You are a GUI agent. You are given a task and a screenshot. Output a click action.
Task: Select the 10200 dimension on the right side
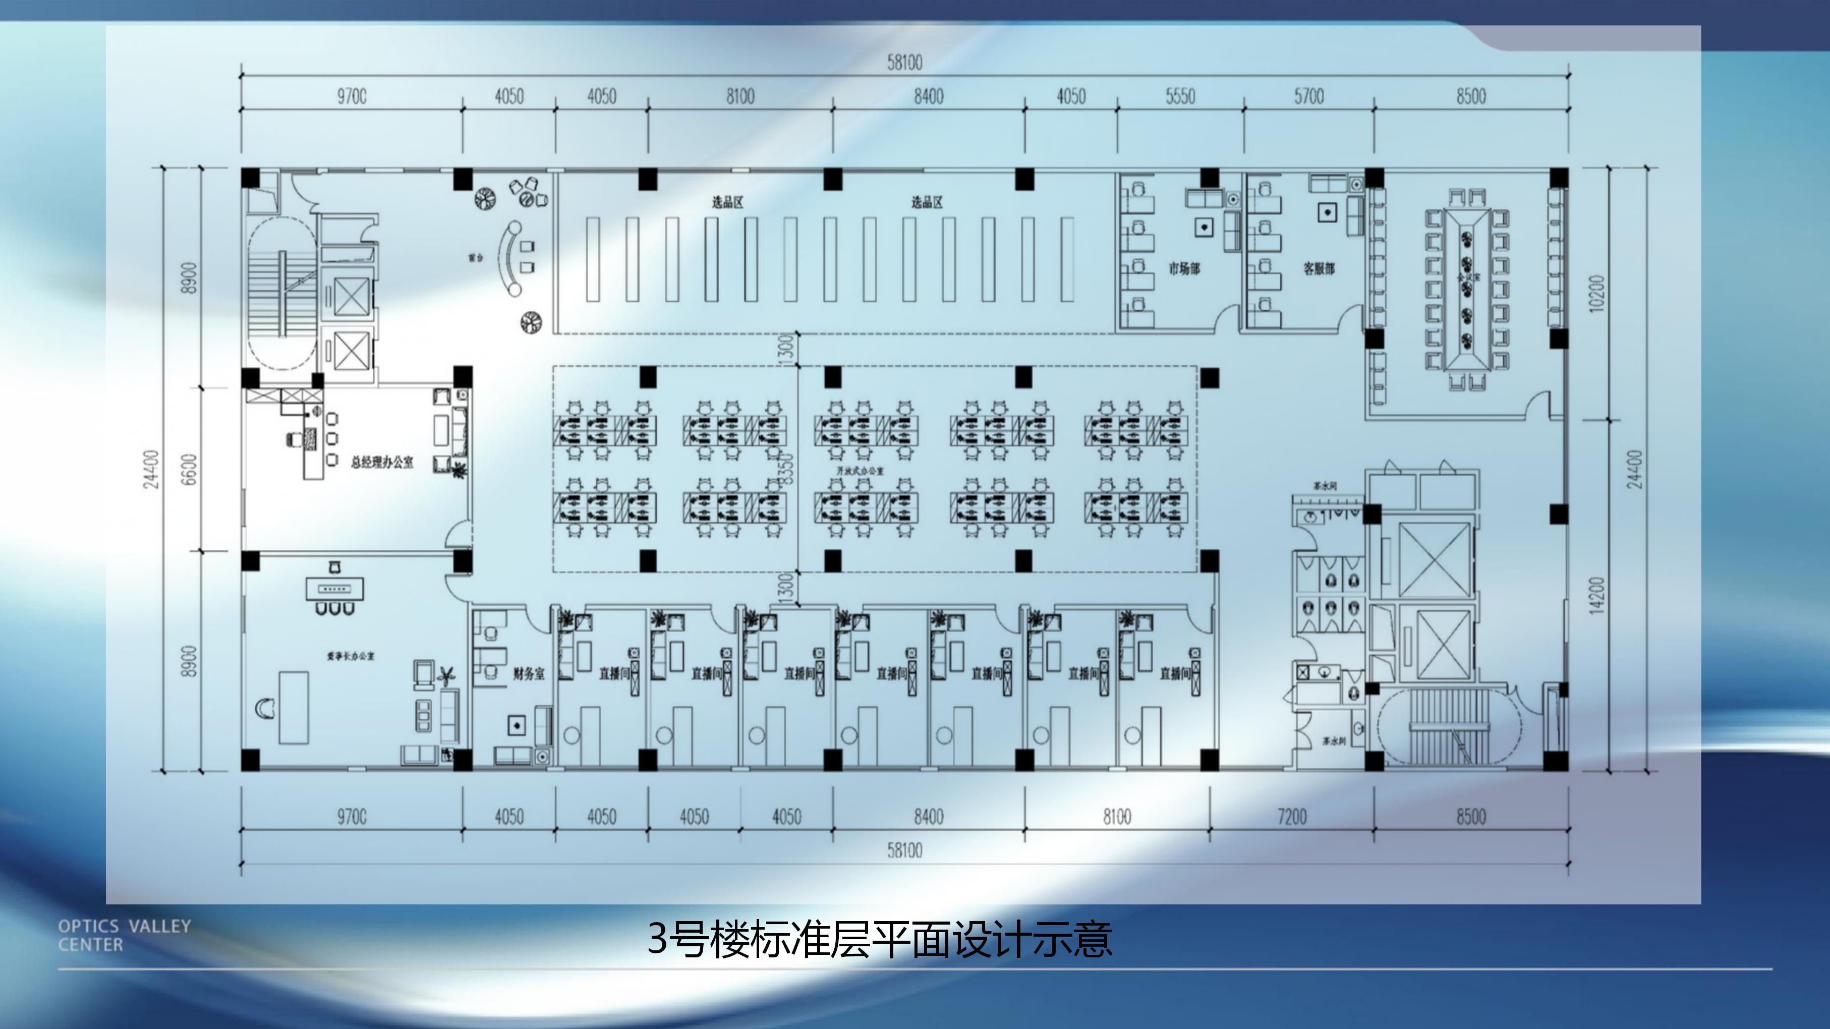pos(1595,293)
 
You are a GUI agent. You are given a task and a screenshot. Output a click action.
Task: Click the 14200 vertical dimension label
pos(1595,596)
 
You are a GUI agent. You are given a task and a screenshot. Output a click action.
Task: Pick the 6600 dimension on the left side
pos(189,469)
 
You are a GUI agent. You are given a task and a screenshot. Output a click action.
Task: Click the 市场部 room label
pos(1184,269)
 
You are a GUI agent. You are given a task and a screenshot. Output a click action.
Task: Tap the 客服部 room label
pos(1319,269)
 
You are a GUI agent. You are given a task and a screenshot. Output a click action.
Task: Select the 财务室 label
pos(529,673)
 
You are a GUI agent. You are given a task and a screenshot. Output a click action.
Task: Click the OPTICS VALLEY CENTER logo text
pos(124,935)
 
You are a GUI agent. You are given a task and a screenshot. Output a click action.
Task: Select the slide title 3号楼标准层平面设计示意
pos(880,939)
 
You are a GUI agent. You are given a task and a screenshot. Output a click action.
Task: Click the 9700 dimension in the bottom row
pos(352,817)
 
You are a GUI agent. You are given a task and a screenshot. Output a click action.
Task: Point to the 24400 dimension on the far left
pos(151,469)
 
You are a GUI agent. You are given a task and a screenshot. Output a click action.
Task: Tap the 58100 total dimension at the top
pos(904,63)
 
